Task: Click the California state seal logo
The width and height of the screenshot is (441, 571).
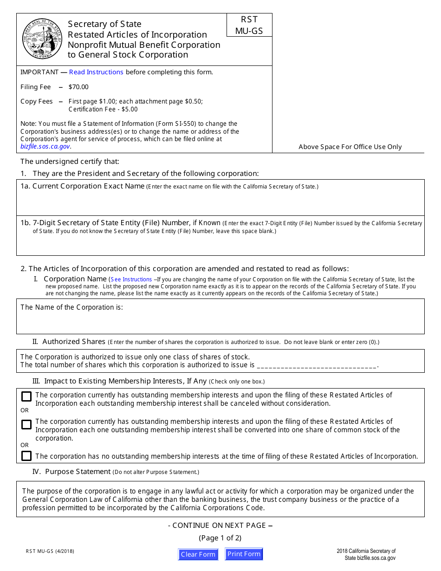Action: (x=42, y=39)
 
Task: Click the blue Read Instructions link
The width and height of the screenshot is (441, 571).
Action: (x=96, y=72)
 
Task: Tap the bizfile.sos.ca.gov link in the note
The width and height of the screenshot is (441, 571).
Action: (x=45, y=146)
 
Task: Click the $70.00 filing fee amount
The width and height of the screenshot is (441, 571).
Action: (x=78, y=87)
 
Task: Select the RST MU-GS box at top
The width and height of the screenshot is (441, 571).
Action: (x=249, y=25)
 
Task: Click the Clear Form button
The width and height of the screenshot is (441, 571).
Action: (x=198, y=554)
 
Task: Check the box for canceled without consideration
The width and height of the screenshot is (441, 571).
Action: (x=26, y=396)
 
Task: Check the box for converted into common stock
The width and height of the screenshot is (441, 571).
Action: (x=26, y=424)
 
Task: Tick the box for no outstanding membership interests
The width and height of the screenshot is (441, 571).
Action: (x=26, y=456)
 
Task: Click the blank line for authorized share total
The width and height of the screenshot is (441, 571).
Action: (x=317, y=365)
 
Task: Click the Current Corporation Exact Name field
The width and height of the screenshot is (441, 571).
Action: (x=220, y=202)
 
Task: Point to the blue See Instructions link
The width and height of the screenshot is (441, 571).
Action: (x=131, y=279)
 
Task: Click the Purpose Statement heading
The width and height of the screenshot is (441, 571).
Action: (x=78, y=472)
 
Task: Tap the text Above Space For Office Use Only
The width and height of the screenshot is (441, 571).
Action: (x=350, y=147)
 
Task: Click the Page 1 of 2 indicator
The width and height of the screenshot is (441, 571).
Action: (x=220, y=538)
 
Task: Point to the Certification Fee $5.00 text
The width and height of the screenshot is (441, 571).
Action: (x=103, y=109)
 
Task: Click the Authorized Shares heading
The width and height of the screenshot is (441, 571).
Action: (x=74, y=342)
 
